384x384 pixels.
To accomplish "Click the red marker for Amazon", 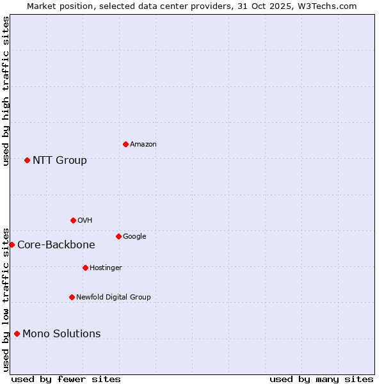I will (x=125, y=144).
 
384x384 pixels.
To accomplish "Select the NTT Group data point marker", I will (x=27, y=160).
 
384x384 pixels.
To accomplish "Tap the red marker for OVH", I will (x=73, y=220).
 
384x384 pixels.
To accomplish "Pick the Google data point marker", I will (x=118, y=236).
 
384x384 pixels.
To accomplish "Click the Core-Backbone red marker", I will (x=12, y=244).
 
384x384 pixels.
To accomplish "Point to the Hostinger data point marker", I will (x=85, y=268).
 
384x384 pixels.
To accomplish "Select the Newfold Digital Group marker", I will (x=72, y=297).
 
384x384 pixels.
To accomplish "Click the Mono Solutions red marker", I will (x=17, y=333).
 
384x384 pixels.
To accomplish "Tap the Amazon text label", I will (x=143, y=145).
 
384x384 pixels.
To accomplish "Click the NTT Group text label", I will (x=60, y=160).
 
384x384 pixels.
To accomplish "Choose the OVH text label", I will (x=85, y=221).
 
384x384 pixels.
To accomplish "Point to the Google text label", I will (x=134, y=237).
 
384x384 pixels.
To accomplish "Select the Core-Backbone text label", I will (x=56, y=244).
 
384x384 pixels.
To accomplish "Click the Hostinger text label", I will (x=106, y=268).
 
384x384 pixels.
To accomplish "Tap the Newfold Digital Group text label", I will (x=113, y=297).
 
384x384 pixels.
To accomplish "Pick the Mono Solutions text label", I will (x=61, y=333).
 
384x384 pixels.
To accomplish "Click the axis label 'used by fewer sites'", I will (x=66, y=379).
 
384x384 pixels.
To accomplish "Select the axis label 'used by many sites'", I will (x=321, y=379).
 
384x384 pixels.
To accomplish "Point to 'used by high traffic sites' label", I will (x=6, y=91).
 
